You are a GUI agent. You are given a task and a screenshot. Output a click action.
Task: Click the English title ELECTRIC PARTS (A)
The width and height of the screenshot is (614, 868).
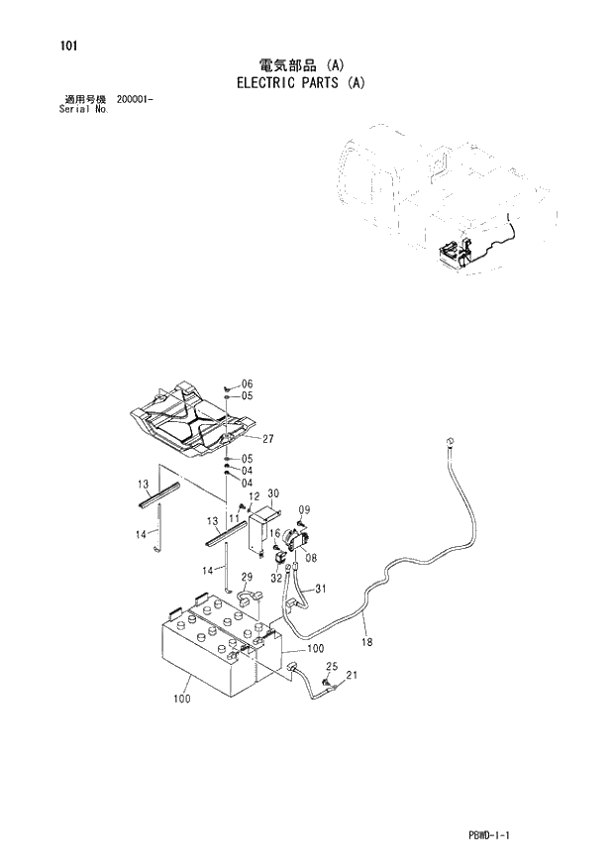pyautogui.click(x=301, y=82)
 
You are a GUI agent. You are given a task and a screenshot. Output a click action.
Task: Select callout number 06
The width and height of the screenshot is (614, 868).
pyautogui.click(x=247, y=383)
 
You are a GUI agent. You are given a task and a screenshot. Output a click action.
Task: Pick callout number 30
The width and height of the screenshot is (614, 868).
pyautogui.click(x=273, y=493)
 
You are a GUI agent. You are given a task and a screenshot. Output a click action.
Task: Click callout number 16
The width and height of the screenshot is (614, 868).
pyautogui.click(x=275, y=534)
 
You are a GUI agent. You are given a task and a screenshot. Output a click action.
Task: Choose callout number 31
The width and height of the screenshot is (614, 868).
pyautogui.click(x=320, y=589)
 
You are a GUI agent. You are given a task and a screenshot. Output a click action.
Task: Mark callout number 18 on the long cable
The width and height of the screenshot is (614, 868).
pyautogui.click(x=366, y=643)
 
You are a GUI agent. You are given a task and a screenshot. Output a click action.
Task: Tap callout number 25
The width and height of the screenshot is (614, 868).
pyautogui.click(x=332, y=666)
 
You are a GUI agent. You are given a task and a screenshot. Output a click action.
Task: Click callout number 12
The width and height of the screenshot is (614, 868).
pyautogui.click(x=254, y=496)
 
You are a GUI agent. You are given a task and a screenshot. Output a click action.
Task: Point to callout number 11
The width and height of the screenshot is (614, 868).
pyautogui.click(x=235, y=518)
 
